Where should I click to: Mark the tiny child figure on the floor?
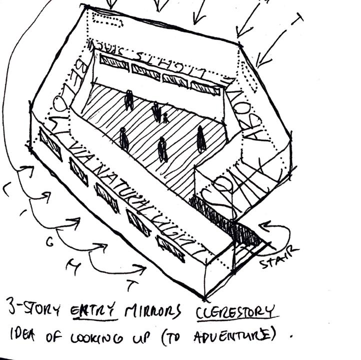pos(165,118)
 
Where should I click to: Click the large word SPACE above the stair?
pos(235,192)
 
